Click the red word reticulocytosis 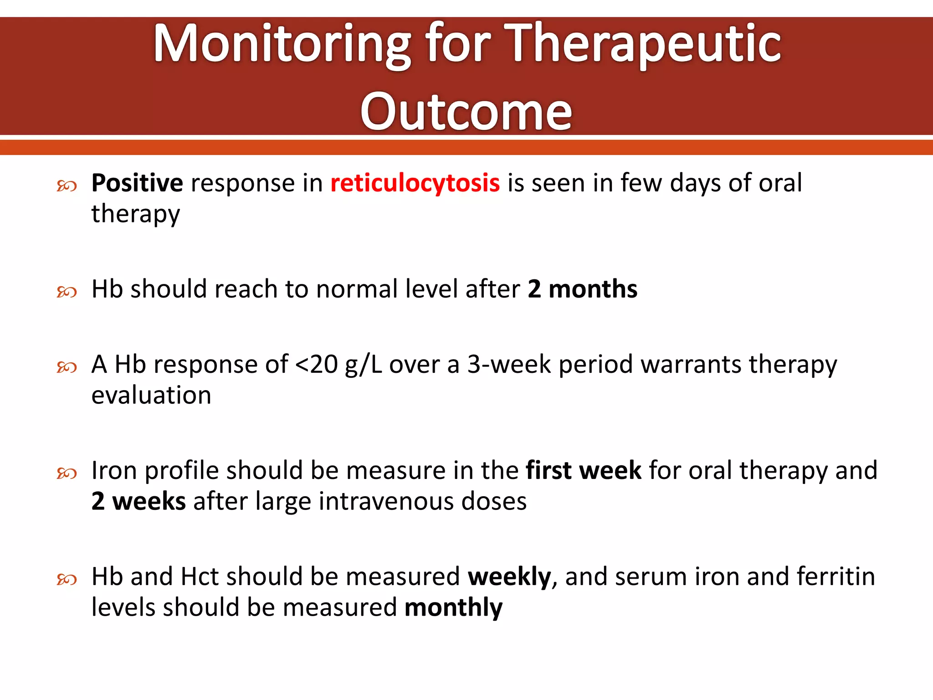(x=415, y=183)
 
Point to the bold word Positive (x=137, y=183)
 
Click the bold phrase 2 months (x=582, y=289)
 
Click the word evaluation (x=151, y=395)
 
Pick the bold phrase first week (x=584, y=470)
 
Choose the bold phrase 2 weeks (x=138, y=501)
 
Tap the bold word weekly (x=509, y=577)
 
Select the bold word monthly (x=453, y=607)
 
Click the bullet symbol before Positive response (x=67, y=185)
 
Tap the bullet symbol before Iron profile (x=67, y=474)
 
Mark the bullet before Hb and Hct (x=67, y=580)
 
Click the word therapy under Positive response (x=135, y=214)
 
